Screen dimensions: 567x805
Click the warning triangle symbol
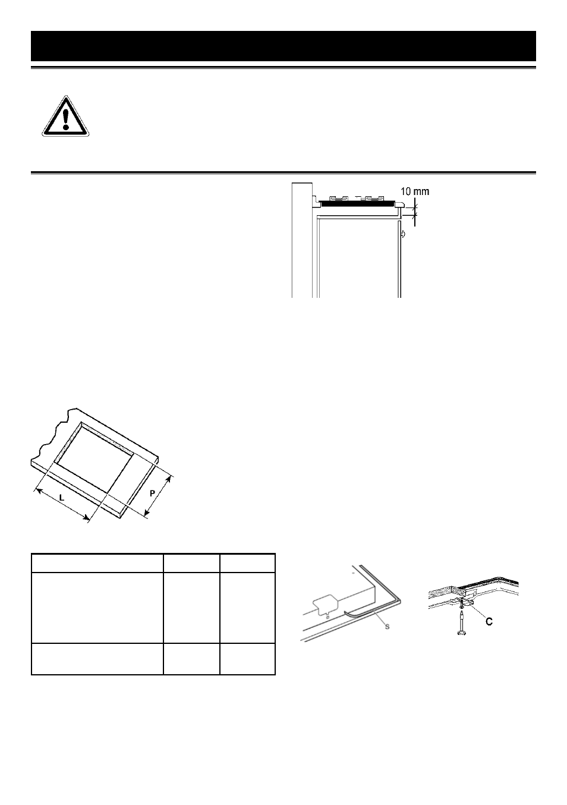click(x=65, y=117)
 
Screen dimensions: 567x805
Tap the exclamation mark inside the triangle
click(x=65, y=118)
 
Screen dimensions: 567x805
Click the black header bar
click(x=283, y=46)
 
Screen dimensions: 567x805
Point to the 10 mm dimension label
click(x=415, y=191)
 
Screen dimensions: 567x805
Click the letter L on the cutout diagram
click(x=62, y=498)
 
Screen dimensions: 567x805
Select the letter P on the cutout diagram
click(x=152, y=493)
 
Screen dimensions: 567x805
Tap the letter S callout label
click(x=388, y=627)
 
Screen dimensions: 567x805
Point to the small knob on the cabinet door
click(x=403, y=234)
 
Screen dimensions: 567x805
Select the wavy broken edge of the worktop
click(x=51, y=436)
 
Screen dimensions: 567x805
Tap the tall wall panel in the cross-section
click(x=302, y=240)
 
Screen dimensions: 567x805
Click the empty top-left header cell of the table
click(x=97, y=563)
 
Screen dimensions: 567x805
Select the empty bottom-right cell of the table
click(x=248, y=659)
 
